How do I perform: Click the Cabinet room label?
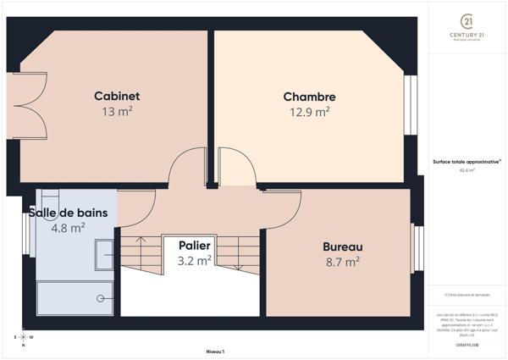(117, 96)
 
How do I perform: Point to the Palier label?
(194, 246)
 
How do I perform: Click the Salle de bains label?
(69, 213)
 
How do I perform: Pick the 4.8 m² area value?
(68, 227)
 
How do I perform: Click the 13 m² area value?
(117, 111)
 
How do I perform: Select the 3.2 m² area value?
(194, 261)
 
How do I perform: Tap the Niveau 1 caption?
(215, 350)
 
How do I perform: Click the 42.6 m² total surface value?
(467, 170)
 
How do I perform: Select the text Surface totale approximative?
(466, 161)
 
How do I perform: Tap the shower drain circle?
(101, 297)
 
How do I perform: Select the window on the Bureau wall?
(416, 247)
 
